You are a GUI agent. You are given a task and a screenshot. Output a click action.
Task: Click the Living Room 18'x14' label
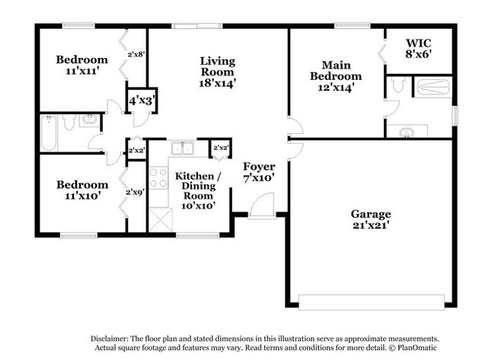click(218, 72)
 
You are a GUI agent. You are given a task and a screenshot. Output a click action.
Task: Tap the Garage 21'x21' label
click(371, 220)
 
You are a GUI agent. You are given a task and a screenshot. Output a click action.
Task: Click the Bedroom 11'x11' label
click(81, 65)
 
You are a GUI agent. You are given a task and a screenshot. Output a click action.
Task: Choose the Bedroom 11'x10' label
click(81, 190)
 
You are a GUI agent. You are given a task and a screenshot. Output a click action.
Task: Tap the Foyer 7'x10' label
click(259, 172)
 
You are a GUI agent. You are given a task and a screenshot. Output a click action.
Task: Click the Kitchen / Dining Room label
click(199, 190)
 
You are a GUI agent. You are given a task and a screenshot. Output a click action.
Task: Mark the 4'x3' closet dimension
click(142, 100)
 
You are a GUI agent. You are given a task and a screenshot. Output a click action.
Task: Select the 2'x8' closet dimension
click(137, 54)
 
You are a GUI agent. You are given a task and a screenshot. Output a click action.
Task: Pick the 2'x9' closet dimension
click(136, 192)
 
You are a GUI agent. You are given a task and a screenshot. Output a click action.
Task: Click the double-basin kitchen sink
click(180, 148)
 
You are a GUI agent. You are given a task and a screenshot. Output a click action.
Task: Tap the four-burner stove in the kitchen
click(158, 178)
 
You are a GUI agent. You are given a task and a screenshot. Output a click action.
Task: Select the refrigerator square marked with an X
click(160, 219)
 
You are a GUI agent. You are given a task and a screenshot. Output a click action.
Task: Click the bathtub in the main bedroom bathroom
click(434, 86)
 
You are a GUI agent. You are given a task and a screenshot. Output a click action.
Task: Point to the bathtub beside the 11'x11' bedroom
click(47, 135)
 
